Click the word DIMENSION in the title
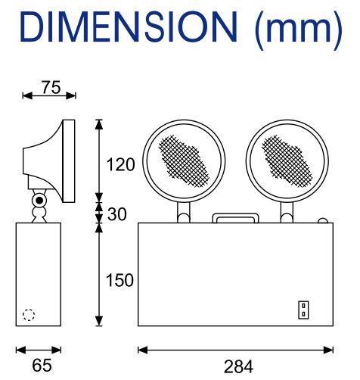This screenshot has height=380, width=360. pyautogui.click(x=129, y=26)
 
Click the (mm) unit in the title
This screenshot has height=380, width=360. pyautogui.click(x=298, y=29)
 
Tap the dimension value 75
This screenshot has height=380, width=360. pyautogui.click(x=51, y=87)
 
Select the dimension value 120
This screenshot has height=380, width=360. pyautogui.click(x=120, y=164)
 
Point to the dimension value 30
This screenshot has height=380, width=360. pyautogui.click(x=117, y=214)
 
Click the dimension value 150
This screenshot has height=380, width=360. pyautogui.click(x=119, y=280)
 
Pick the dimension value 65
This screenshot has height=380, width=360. pyautogui.click(x=42, y=365)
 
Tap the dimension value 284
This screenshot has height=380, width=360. pyautogui.click(x=238, y=366)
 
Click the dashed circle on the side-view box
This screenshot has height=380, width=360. pyautogui.click(x=29, y=315)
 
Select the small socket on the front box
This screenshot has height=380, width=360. pyautogui.click(x=303, y=310)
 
